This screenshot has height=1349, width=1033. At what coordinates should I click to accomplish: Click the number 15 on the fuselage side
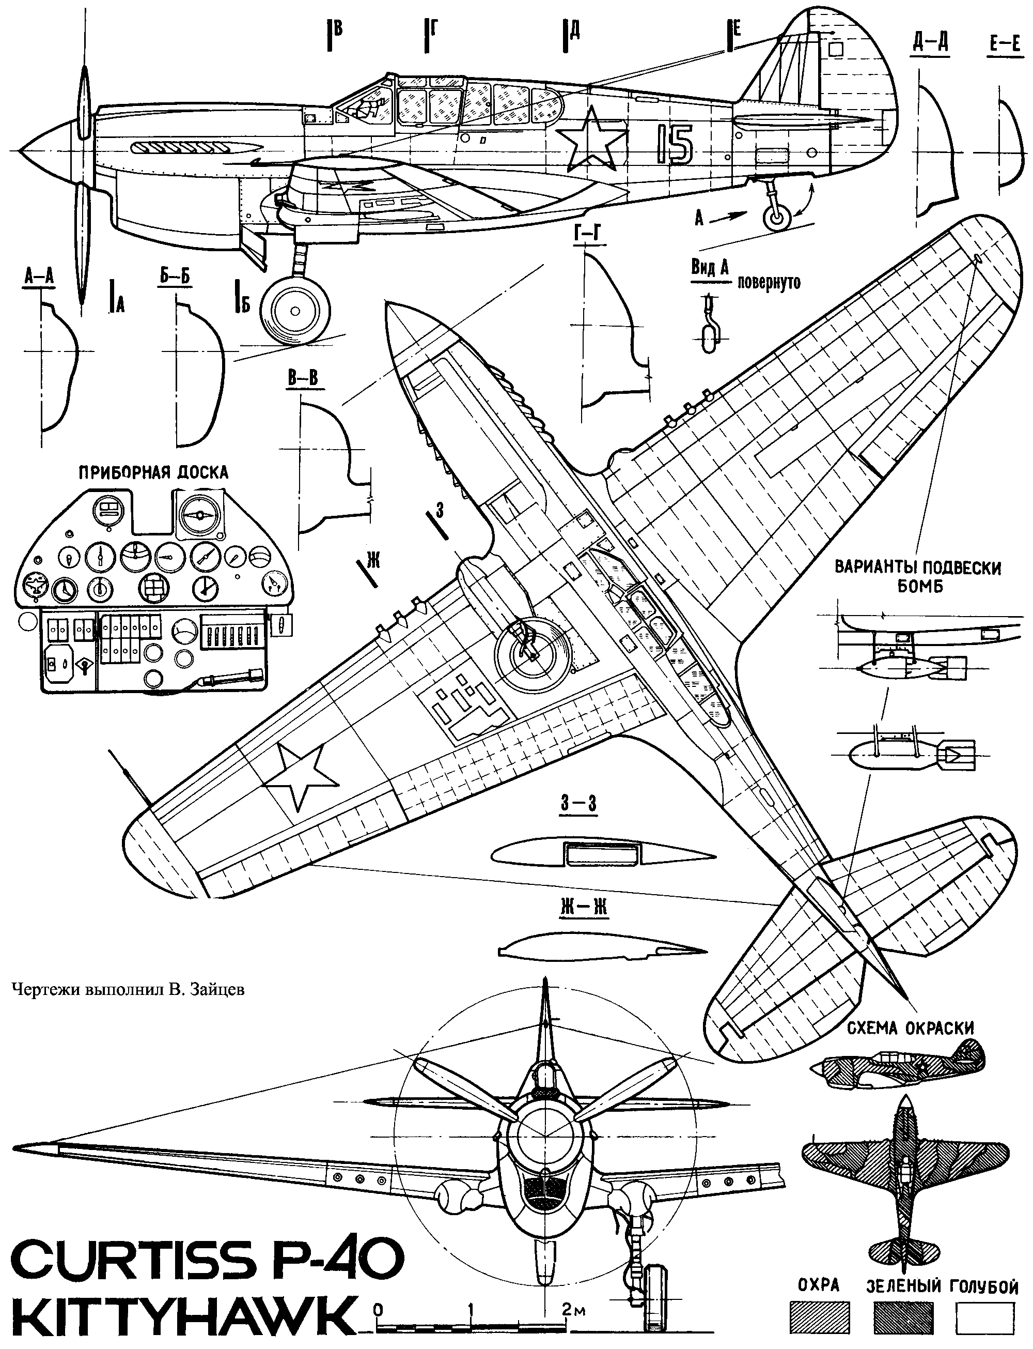(674, 145)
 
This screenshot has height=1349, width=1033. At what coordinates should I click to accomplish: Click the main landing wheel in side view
(294, 310)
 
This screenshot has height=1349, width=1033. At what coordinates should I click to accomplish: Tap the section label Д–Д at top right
(930, 43)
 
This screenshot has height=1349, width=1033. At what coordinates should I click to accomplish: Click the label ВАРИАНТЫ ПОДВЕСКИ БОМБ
(917, 576)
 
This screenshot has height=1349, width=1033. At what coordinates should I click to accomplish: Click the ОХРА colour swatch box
(819, 1317)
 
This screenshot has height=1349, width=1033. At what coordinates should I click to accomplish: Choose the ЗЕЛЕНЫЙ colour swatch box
(903, 1317)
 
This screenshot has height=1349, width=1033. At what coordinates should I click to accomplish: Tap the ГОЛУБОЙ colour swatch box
(984, 1317)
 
